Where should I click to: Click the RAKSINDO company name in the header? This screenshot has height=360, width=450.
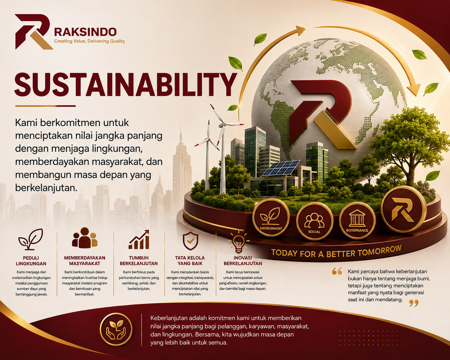click(85, 32)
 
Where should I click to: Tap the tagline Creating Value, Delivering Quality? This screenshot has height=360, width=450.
click(90, 41)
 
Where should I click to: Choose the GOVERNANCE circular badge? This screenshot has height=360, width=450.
click(357, 220)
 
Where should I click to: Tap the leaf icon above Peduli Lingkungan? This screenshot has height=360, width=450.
click(31, 240)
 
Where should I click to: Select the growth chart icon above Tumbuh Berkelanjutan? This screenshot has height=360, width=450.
click(139, 240)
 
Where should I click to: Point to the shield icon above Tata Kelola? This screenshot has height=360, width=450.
click(190, 241)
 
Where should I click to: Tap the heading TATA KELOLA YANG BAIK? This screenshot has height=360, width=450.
click(190, 261)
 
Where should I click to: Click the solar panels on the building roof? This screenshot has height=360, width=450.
click(281, 168)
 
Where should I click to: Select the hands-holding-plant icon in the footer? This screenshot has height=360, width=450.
click(116, 329)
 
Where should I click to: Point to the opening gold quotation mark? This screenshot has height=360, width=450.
click(337, 271)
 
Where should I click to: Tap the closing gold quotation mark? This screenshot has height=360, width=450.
click(414, 303)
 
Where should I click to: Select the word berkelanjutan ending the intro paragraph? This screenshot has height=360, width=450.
click(46, 188)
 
